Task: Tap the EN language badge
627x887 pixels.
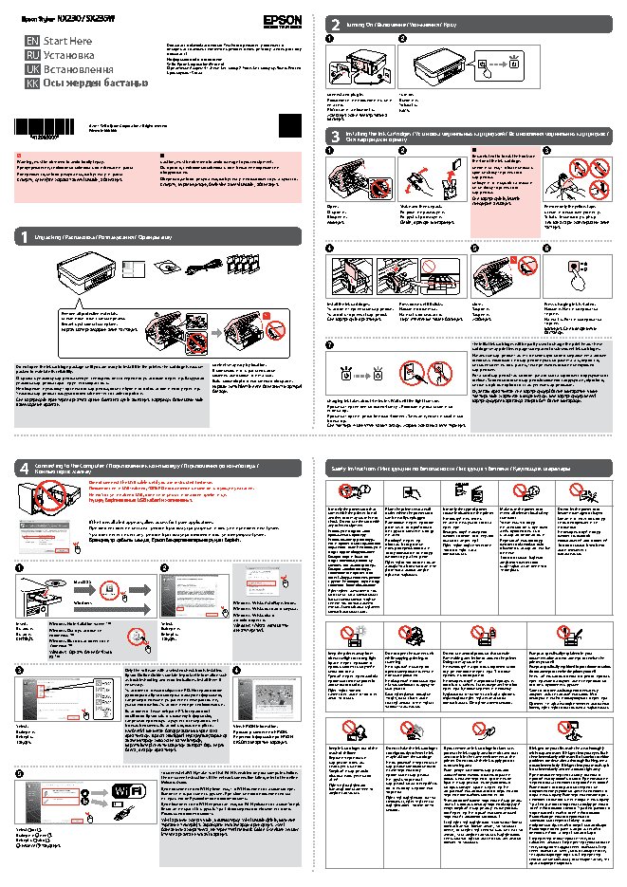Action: click(32, 43)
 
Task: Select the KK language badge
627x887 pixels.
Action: click(32, 83)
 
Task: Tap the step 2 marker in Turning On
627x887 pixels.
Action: click(402, 38)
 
